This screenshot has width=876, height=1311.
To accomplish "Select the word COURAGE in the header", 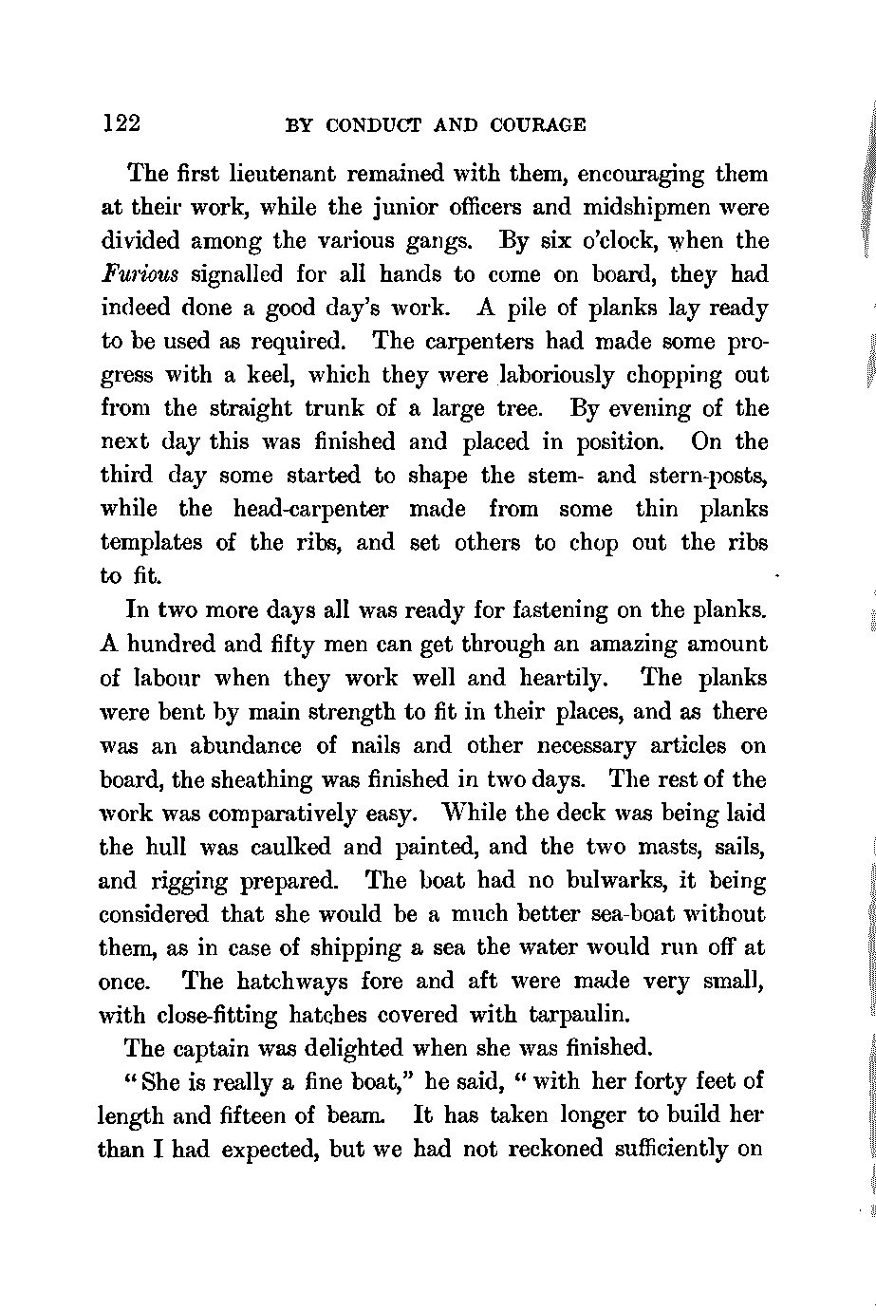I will [539, 125].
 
